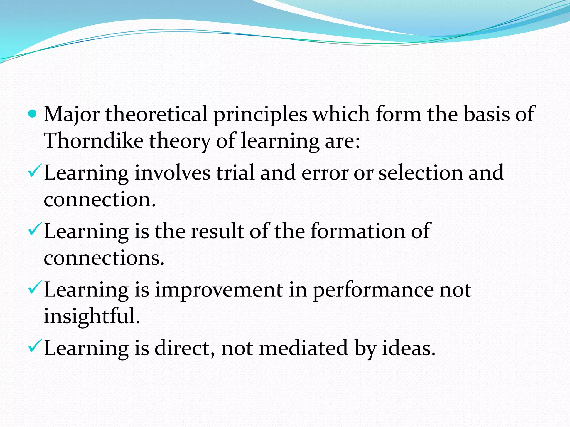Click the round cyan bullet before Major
pyautogui.click(x=33, y=114)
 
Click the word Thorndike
pyautogui.click(x=94, y=141)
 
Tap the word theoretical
pyautogui.click(x=156, y=114)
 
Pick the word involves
pyautogui.click(x=173, y=173)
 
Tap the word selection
pyautogui.click(x=420, y=173)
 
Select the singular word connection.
pyautogui.click(x=99, y=200)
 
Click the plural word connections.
pyautogui.click(x=104, y=258)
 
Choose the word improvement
pyautogui.click(x=219, y=290)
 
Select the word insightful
pyautogui.click(x=92, y=316)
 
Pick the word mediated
pyautogui.click(x=303, y=348)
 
